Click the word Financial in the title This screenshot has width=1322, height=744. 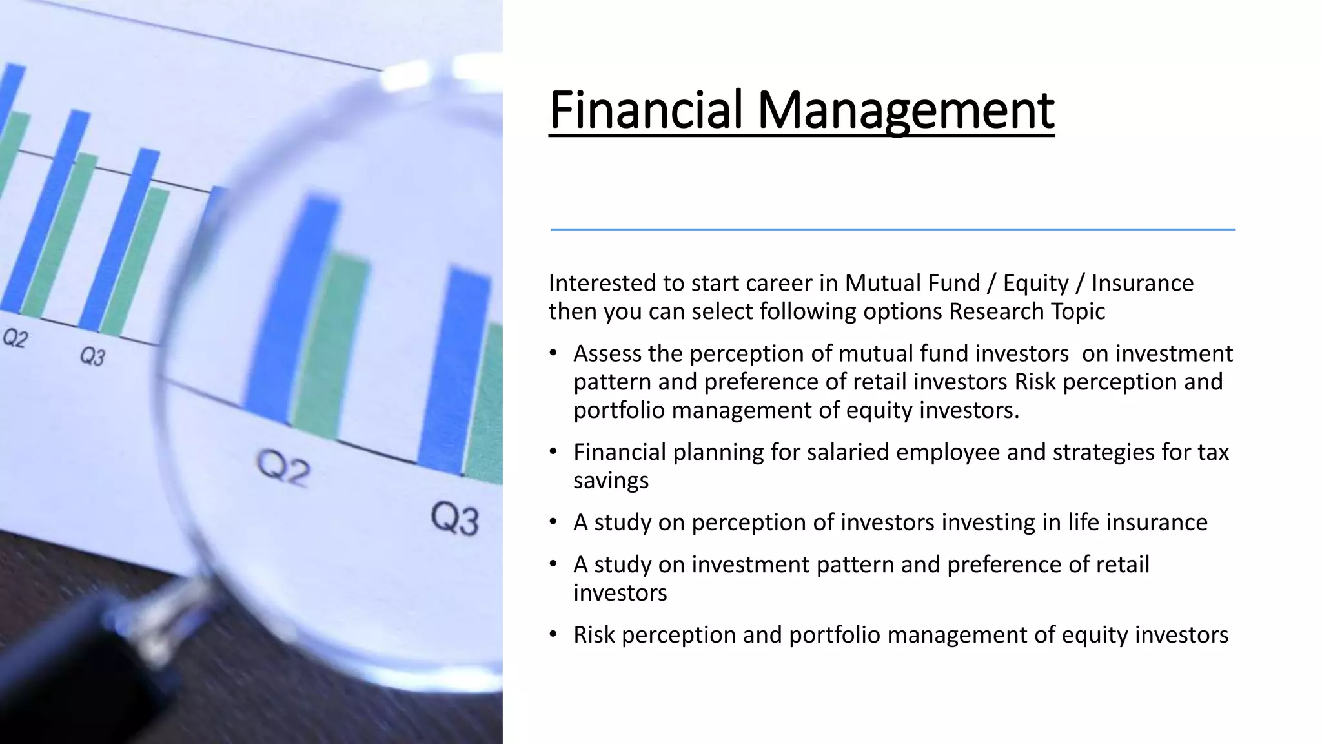click(646, 110)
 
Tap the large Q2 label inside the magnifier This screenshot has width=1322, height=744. click(283, 468)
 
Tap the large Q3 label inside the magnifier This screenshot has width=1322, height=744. click(455, 520)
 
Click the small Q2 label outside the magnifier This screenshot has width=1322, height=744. click(15, 338)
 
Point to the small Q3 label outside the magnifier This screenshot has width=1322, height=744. click(92, 356)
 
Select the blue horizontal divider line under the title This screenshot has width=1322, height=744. click(892, 229)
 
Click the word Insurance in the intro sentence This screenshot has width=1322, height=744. click(1143, 283)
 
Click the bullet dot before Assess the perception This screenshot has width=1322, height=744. click(553, 353)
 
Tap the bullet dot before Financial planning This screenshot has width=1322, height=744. click(553, 451)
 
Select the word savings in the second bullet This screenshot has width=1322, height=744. click(611, 480)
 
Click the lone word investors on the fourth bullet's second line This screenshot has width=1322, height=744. click(620, 593)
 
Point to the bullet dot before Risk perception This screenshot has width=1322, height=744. click(553, 634)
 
